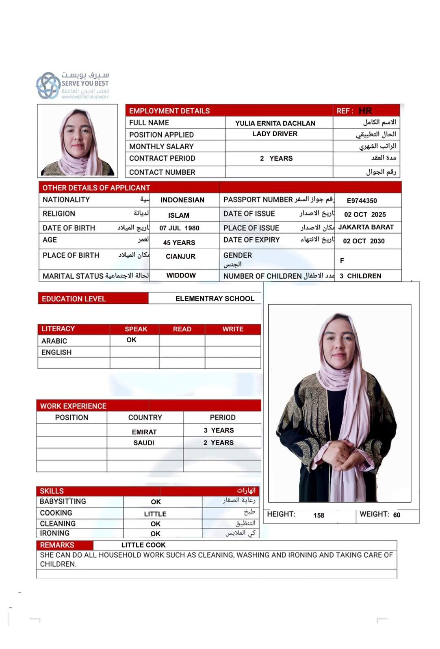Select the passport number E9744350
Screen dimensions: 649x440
[362, 201]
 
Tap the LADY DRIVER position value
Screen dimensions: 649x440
[275, 134]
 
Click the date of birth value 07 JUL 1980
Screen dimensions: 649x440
[179, 228]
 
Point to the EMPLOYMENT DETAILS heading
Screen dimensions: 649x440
[169, 111]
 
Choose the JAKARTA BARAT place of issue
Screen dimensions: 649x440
[366, 227]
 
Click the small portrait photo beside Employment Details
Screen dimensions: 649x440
[78, 141]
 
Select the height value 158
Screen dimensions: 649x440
[319, 515]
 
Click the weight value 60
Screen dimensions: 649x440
[397, 515]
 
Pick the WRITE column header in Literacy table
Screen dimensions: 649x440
[233, 329]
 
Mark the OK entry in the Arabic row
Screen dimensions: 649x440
[131, 340]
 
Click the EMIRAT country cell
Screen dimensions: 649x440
[144, 432]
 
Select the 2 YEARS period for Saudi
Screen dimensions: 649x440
[219, 443]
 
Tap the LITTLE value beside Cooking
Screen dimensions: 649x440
[155, 514]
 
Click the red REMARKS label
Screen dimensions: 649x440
[57, 545]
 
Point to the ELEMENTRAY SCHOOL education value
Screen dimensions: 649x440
[215, 299]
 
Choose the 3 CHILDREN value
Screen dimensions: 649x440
[360, 276]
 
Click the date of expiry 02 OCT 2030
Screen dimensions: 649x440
[364, 241]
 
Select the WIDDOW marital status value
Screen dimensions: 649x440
[181, 275]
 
